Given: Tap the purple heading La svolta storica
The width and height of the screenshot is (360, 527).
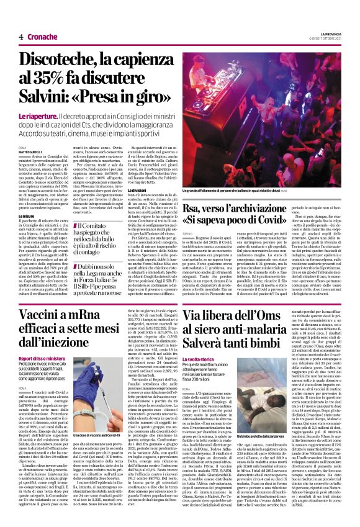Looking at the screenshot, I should (212, 359).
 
